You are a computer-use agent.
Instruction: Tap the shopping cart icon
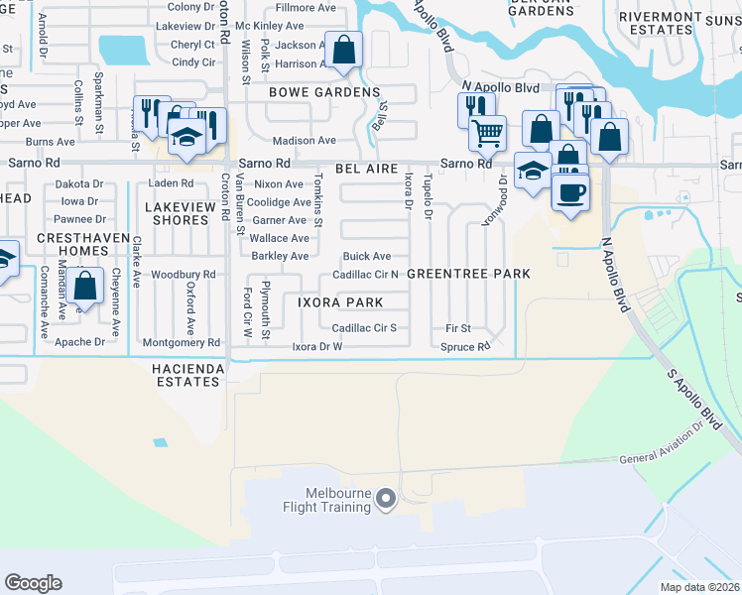(487, 132)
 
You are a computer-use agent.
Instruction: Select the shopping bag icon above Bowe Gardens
(343, 50)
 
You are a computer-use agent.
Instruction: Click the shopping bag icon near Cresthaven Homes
(87, 287)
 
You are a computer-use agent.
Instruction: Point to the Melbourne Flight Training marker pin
(387, 499)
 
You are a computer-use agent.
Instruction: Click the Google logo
(33, 583)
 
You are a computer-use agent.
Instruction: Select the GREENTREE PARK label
(468, 273)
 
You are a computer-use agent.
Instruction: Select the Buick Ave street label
(367, 256)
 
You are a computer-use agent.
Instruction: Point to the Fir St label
(458, 328)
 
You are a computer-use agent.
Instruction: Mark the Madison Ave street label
(304, 141)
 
